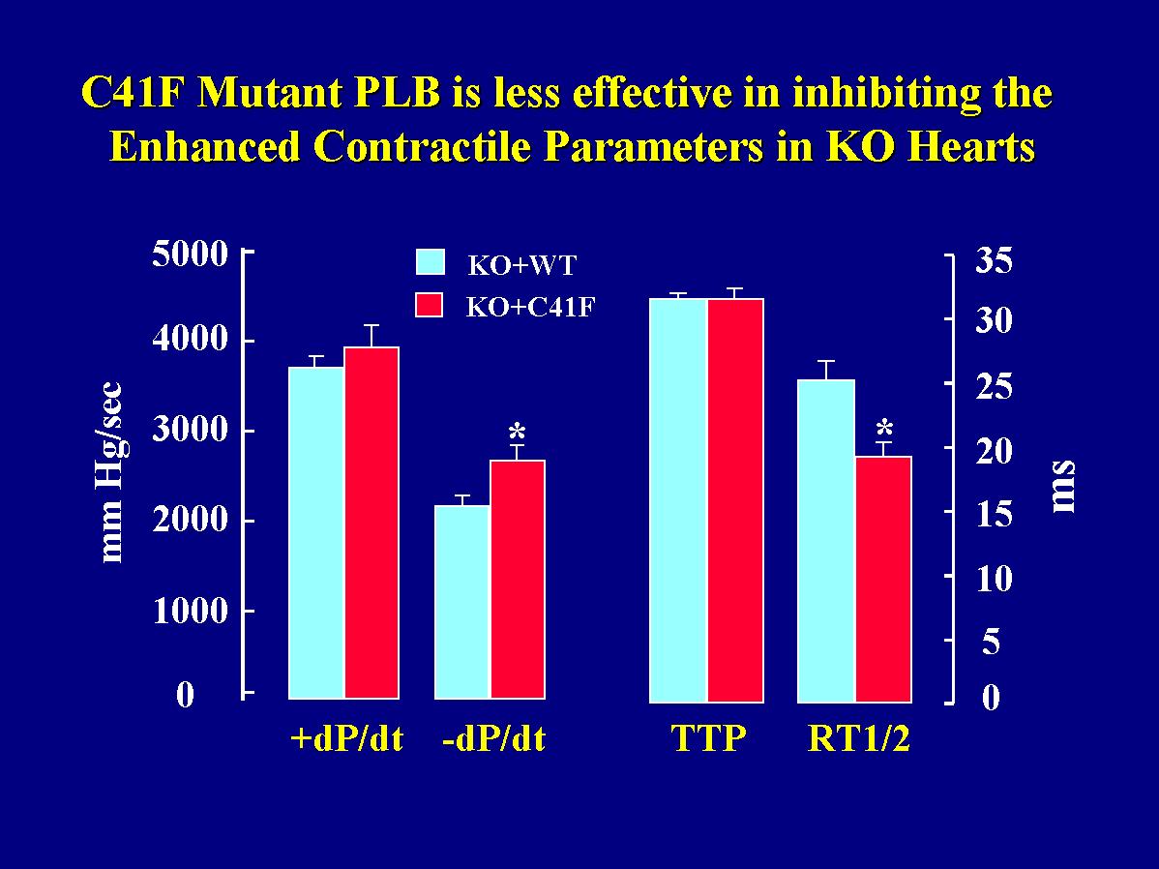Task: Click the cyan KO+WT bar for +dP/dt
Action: (x=317, y=532)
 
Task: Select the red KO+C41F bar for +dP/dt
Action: (x=371, y=523)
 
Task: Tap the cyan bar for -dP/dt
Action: (x=462, y=601)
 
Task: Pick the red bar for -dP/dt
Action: (x=518, y=579)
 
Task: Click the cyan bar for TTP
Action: (x=678, y=499)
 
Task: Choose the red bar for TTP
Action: (x=735, y=499)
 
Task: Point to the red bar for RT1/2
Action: (x=883, y=578)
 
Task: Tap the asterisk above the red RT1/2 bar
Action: (x=883, y=428)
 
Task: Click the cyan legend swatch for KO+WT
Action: (x=429, y=263)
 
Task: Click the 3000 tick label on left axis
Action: (x=190, y=432)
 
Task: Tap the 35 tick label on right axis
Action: (x=993, y=261)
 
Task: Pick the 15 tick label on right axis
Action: (x=993, y=514)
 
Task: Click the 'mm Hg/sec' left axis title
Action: (x=112, y=474)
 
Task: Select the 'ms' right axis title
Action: (x=1063, y=487)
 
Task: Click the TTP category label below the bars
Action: (x=709, y=740)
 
